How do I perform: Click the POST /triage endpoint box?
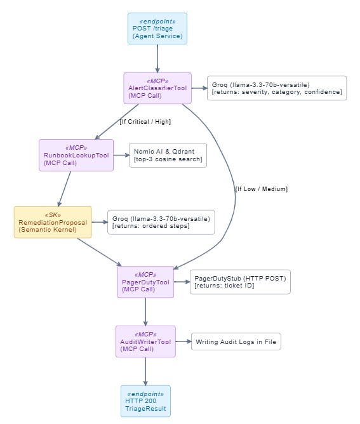[x=157, y=29]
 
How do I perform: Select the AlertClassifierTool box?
[x=157, y=88]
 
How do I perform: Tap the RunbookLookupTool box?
[x=76, y=156]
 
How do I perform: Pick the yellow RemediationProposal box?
[x=53, y=222]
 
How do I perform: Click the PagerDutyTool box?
[x=145, y=282]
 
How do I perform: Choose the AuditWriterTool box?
[x=145, y=341]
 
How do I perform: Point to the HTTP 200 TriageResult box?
[x=145, y=401]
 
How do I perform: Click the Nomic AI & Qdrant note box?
[x=168, y=156]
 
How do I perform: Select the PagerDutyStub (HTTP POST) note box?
[x=240, y=282]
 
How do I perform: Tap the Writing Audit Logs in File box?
[x=236, y=341]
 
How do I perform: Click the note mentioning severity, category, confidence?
[x=277, y=88]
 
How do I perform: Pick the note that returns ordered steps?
[x=161, y=222]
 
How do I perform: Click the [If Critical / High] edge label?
[x=145, y=122]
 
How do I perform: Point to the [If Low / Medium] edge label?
[x=262, y=189]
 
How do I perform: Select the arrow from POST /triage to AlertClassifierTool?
[x=157, y=58]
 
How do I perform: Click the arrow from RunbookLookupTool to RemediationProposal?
[x=65, y=189]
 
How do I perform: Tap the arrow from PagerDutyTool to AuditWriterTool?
[x=145, y=312]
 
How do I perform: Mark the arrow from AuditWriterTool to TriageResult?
[x=145, y=371]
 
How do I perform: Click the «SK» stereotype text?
[x=53, y=215]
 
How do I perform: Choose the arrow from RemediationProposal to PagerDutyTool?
[x=100, y=252]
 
